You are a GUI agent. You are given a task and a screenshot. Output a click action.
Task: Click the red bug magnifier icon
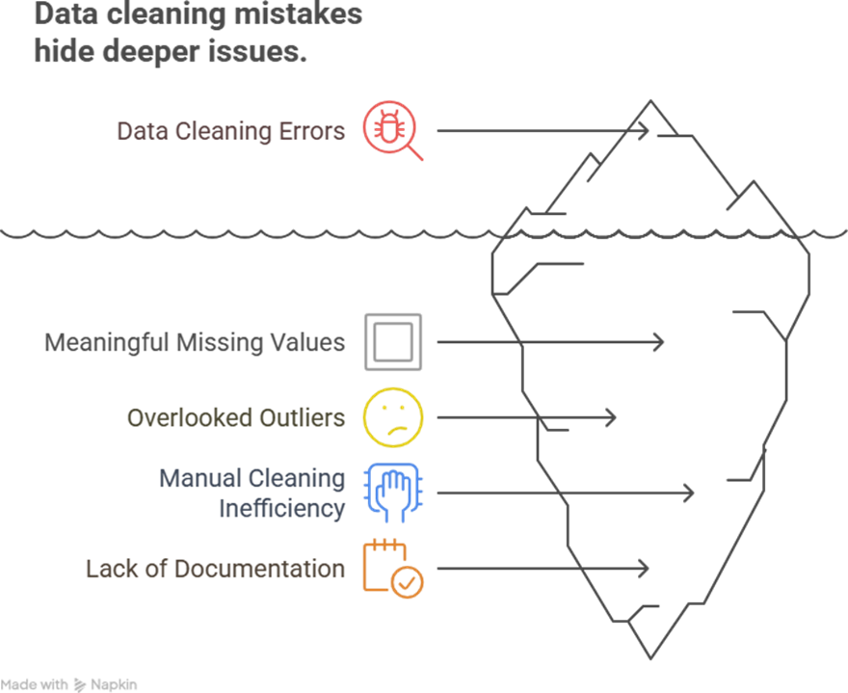click(390, 129)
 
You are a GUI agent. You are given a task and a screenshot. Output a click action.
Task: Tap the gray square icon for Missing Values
click(392, 342)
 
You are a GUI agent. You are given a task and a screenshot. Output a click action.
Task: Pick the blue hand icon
click(392, 493)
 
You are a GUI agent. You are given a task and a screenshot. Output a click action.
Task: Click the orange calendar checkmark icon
click(392, 569)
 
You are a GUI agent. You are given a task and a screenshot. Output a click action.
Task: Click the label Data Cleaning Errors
click(230, 131)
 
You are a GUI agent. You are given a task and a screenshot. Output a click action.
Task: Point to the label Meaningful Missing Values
click(195, 342)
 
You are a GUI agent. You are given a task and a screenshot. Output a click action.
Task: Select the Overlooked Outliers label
click(236, 417)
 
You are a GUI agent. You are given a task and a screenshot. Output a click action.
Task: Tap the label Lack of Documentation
click(215, 569)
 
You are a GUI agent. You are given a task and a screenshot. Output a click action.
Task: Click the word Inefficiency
click(281, 507)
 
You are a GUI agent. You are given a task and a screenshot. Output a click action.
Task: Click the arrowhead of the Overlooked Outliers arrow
click(613, 417)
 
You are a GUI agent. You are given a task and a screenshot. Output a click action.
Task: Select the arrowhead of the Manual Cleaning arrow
click(691, 493)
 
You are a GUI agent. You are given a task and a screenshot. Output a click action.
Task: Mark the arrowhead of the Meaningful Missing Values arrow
click(661, 342)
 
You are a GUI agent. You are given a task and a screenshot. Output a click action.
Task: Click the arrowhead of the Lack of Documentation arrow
click(647, 569)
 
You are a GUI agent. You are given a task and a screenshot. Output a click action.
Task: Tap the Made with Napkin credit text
click(70, 684)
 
